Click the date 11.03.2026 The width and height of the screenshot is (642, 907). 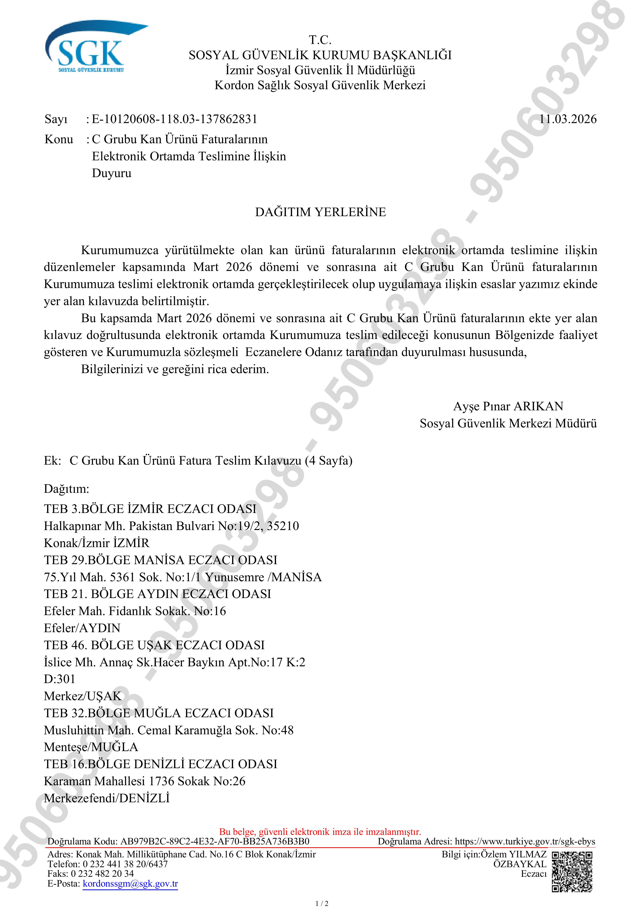coord(568,119)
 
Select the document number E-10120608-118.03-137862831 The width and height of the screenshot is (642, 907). coord(174,119)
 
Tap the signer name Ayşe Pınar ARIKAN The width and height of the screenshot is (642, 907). coord(508,406)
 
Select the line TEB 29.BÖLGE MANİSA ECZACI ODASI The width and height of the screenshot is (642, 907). coord(160,560)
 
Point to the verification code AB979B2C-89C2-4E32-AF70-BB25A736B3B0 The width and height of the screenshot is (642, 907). coord(215,841)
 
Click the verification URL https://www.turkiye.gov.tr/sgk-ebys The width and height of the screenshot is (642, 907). coord(525,841)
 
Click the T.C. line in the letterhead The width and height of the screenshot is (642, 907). coord(320,40)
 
